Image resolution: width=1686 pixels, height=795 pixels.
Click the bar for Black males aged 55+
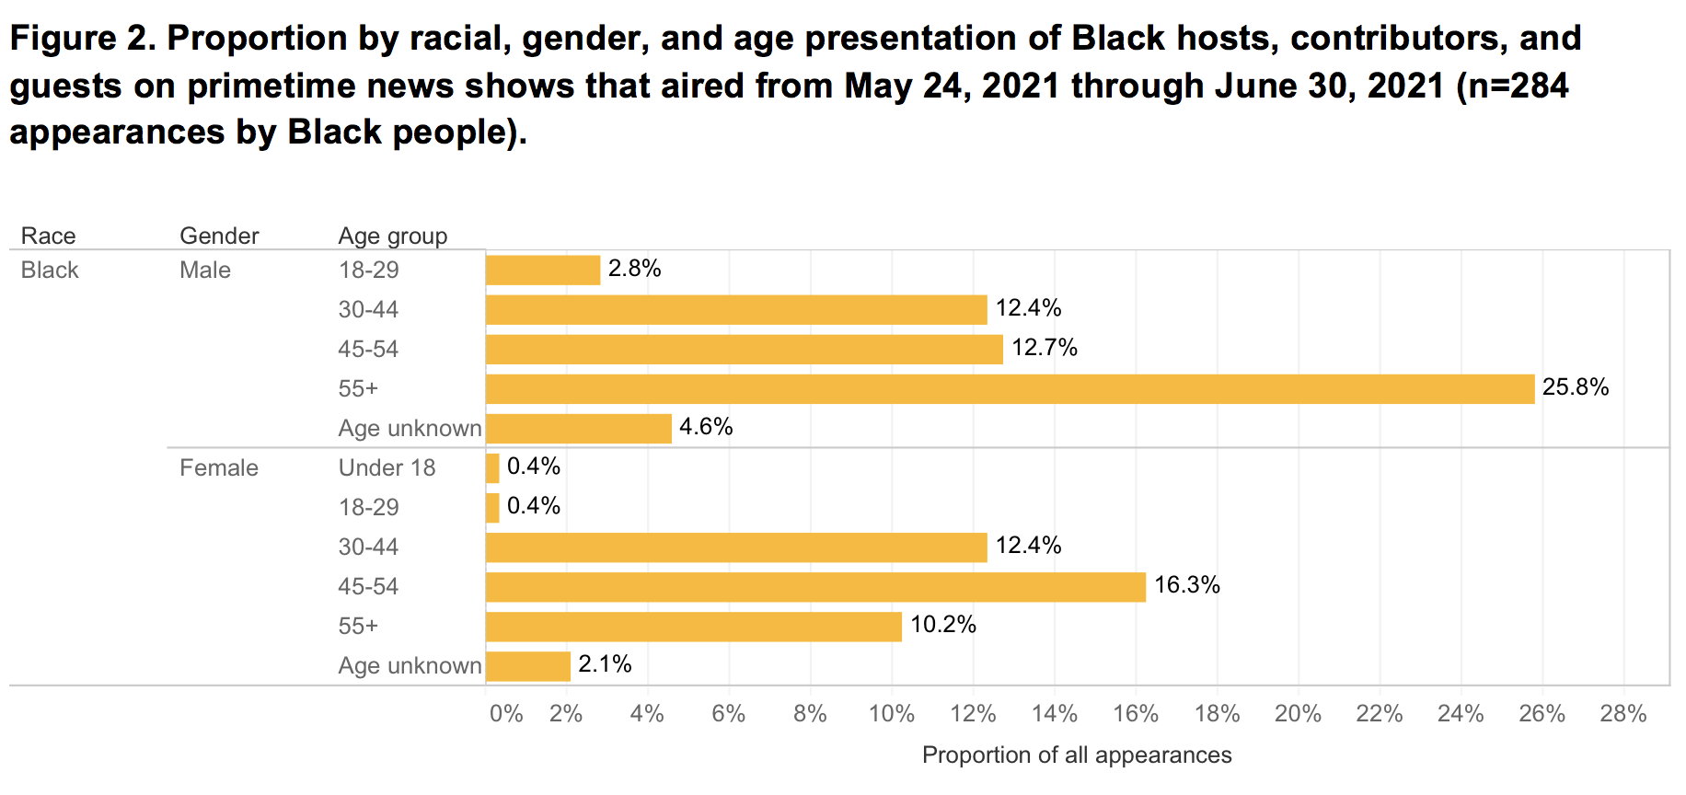click(x=1010, y=389)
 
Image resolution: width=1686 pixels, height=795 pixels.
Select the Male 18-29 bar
click(x=543, y=271)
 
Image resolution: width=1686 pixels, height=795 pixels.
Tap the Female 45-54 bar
click(x=815, y=587)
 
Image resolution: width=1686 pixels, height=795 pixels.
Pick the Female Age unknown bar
click(x=528, y=666)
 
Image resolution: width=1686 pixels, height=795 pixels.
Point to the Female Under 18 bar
click(x=492, y=468)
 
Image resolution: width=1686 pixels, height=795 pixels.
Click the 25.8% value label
click(x=1576, y=387)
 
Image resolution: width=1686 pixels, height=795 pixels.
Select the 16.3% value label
click(x=1187, y=585)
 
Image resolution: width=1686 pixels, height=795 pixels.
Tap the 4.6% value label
click(x=706, y=427)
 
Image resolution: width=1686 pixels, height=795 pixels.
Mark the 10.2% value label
click(x=943, y=625)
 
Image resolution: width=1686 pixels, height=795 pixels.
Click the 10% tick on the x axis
click(x=892, y=714)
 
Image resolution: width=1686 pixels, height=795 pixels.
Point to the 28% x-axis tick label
click(x=1623, y=714)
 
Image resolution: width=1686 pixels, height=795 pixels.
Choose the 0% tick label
click(x=506, y=714)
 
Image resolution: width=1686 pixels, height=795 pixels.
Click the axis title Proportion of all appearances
click(x=1077, y=755)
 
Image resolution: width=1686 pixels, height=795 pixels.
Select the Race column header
click(x=48, y=236)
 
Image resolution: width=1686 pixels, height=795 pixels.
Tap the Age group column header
click(x=393, y=236)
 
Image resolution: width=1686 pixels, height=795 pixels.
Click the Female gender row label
click(x=219, y=468)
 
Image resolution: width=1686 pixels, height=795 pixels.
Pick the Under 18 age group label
click(x=387, y=468)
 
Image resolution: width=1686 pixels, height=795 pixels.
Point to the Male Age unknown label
click(x=410, y=429)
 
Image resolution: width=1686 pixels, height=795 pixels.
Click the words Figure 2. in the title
click(x=82, y=39)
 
